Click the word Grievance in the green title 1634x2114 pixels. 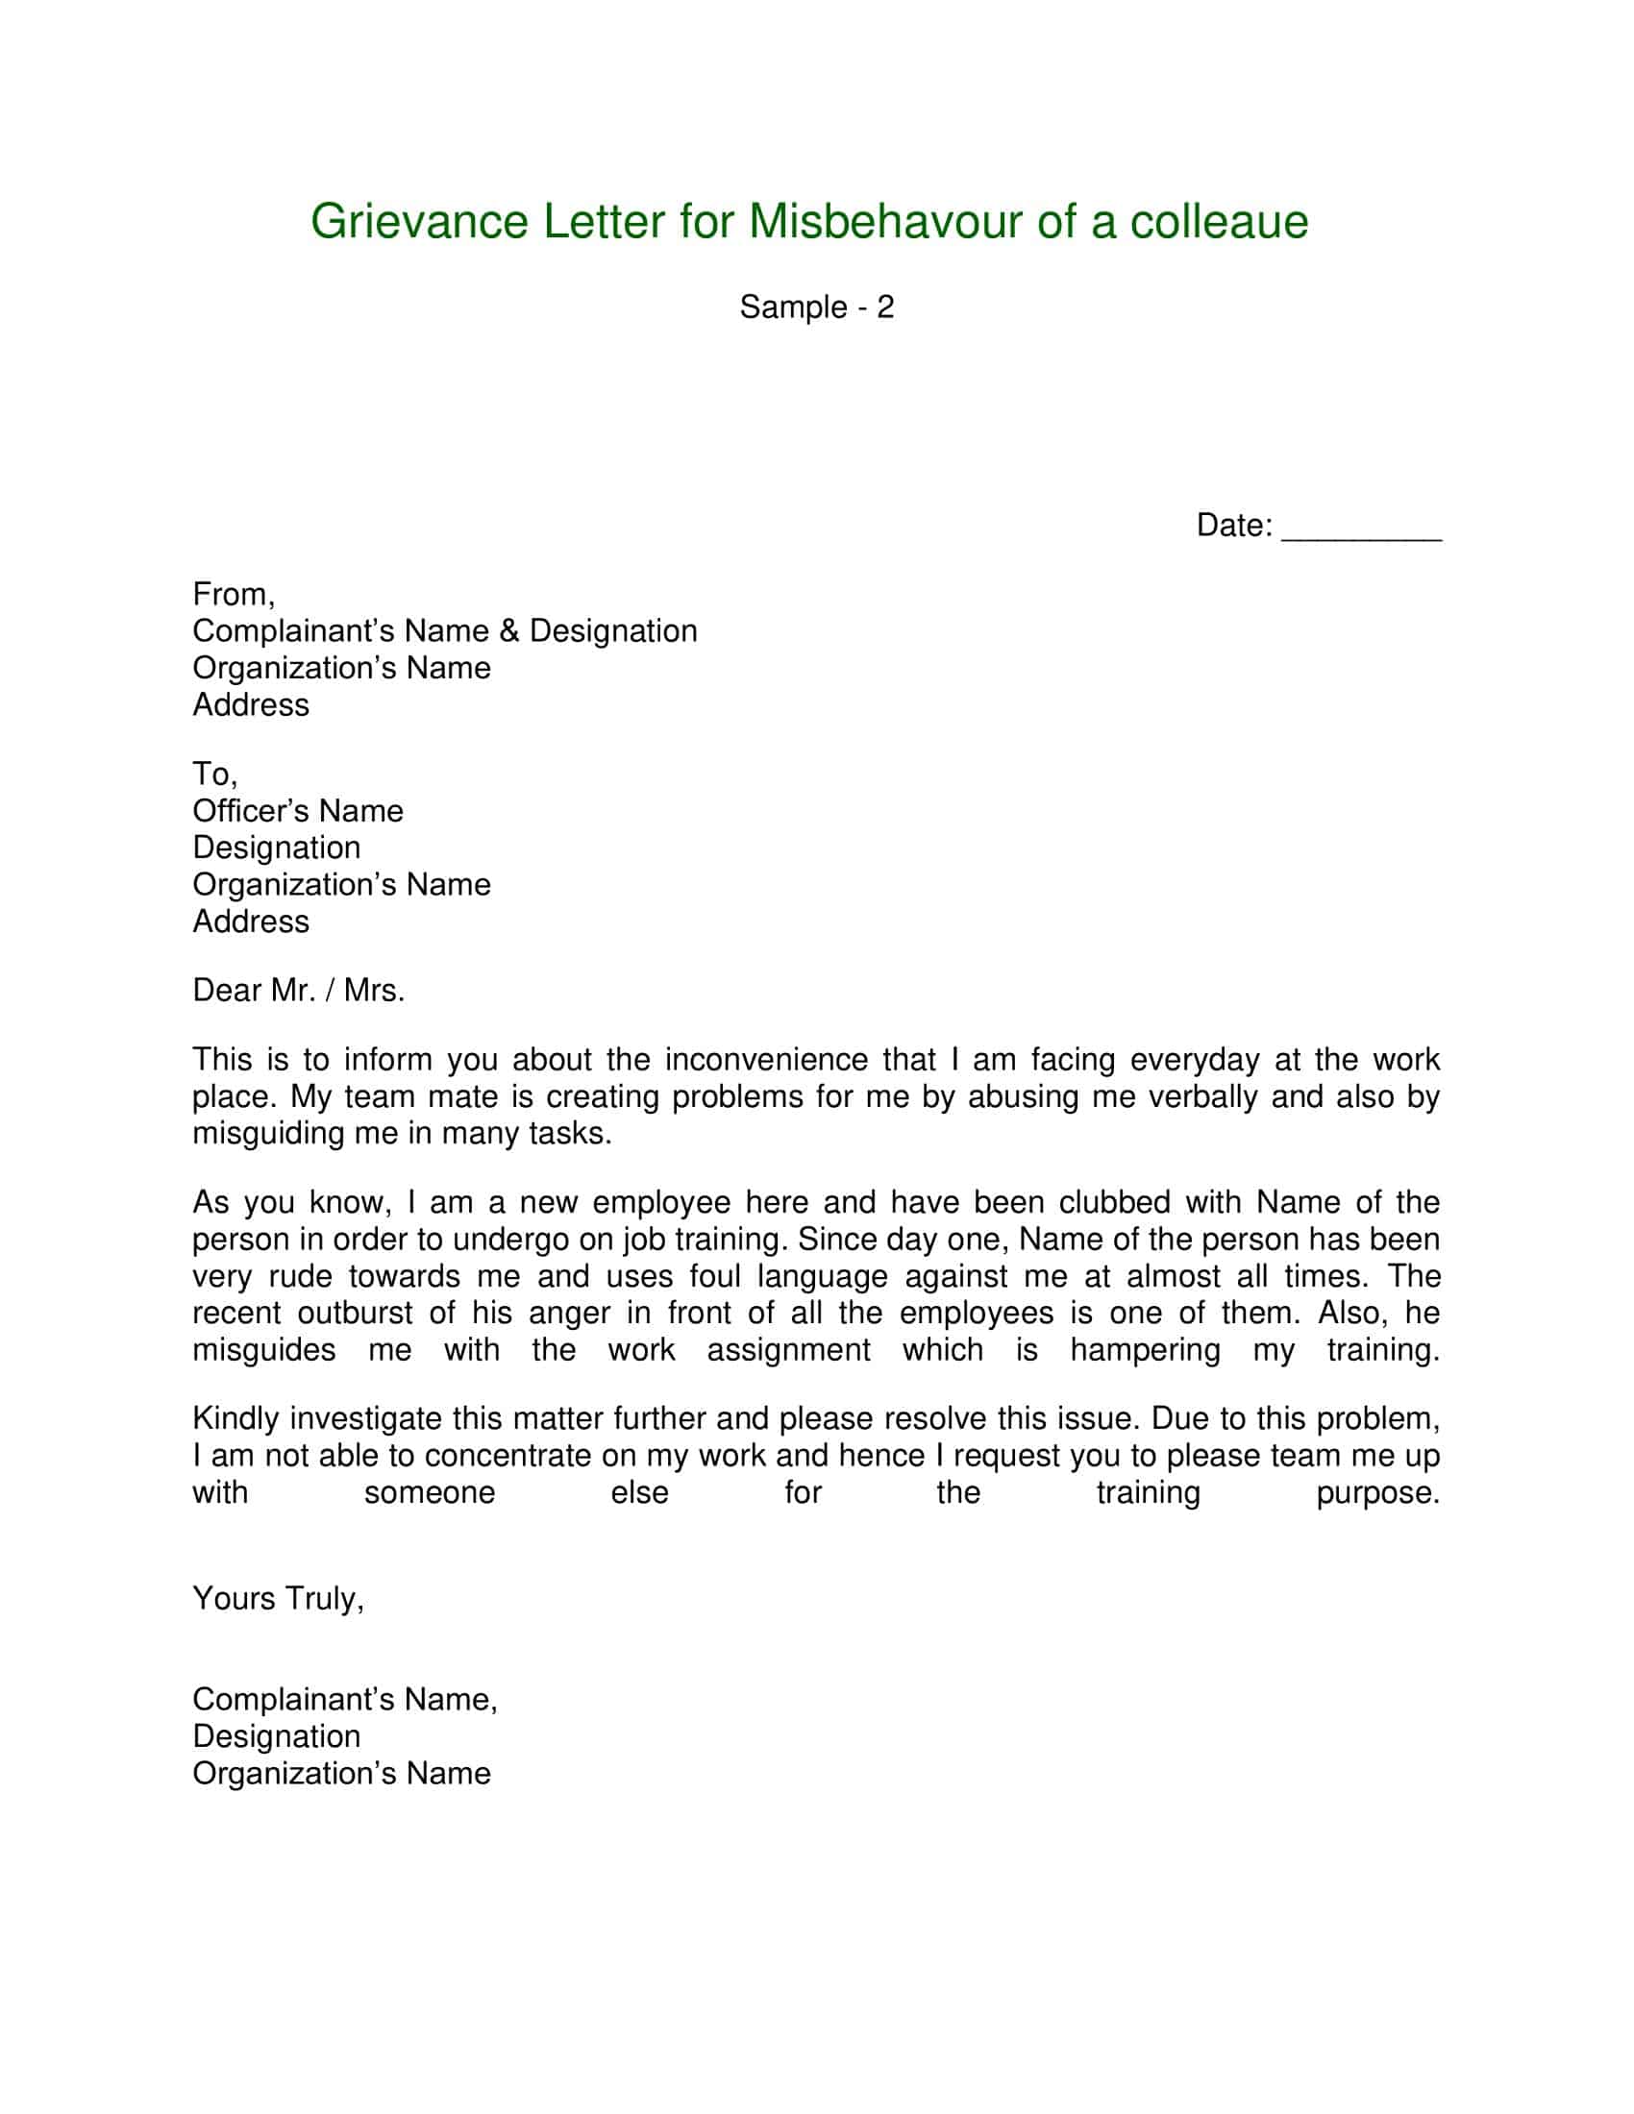[419, 223]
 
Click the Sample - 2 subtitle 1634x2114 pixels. [816, 307]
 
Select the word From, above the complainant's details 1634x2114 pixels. [234, 594]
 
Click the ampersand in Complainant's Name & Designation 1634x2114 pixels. [510, 631]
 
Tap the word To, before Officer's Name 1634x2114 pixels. [215, 774]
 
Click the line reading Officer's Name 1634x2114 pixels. [297, 811]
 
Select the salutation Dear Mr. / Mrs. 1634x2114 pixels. [298, 990]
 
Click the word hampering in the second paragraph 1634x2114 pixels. [1144, 1350]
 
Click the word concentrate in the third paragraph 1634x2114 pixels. [508, 1457]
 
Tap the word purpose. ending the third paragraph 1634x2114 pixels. [1377, 1493]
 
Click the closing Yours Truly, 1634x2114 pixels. [278, 1598]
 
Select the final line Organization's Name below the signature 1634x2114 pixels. [341, 1773]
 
